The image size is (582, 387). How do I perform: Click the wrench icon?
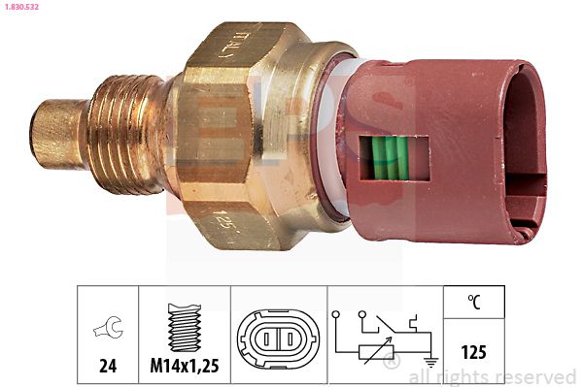click(x=108, y=329)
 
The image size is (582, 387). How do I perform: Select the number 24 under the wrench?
click(x=108, y=365)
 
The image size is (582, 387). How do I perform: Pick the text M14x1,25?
click(x=185, y=365)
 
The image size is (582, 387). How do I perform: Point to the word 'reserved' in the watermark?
click(x=533, y=376)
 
